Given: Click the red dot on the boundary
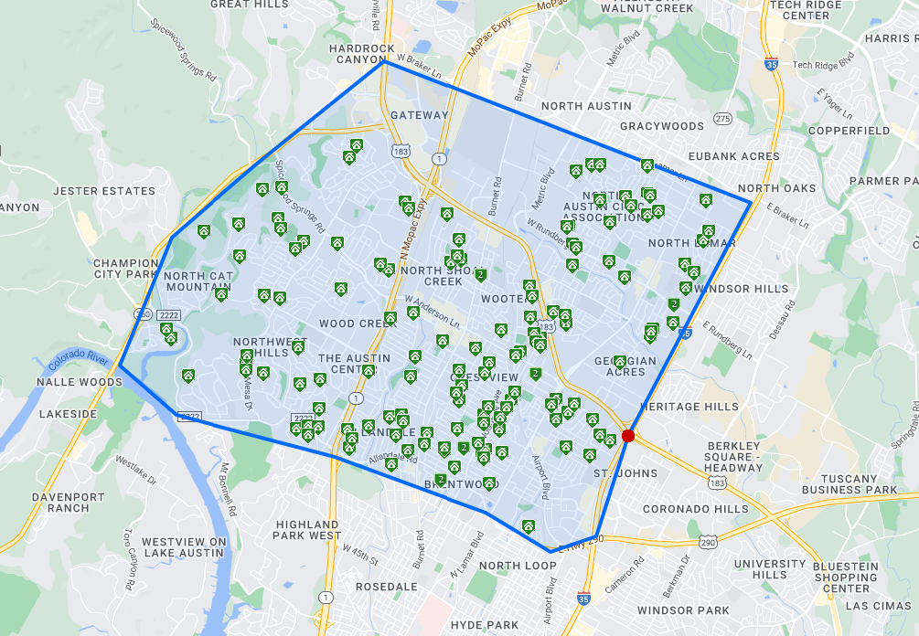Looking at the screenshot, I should (628, 436).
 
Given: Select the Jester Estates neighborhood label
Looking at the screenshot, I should (104, 191).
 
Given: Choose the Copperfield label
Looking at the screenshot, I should (849, 131).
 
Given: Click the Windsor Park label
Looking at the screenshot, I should (683, 610).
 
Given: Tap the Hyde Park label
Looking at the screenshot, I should (485, 625).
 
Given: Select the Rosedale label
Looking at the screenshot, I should (387, 586).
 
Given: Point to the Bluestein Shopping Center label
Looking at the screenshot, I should (845, 577).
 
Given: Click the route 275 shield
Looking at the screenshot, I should (722, 119).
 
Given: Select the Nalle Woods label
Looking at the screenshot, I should (78, 382).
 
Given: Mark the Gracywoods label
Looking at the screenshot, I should (663, 125).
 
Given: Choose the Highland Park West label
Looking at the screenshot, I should (308, 530).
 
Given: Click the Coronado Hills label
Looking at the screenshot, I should (695, 509).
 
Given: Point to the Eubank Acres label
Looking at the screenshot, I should (734, 156).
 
